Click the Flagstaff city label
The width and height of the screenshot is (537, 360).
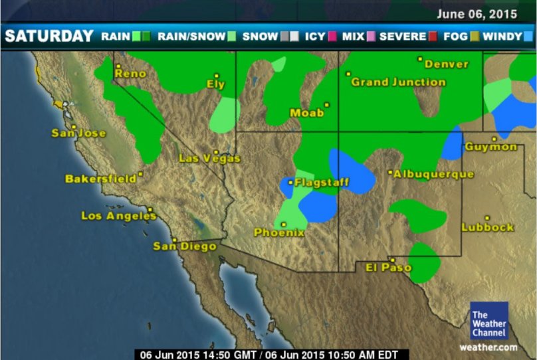(x=318, y=182)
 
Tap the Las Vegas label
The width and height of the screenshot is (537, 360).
(x=210, y=158)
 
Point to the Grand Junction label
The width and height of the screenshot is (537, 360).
(x=398, y=82)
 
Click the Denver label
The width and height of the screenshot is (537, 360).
(x=446, y=64)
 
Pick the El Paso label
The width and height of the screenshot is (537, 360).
(x=389, y=267)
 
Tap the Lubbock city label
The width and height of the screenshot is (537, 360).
(x=488, y=227)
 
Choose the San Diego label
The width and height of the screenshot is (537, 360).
(x=185, y=246)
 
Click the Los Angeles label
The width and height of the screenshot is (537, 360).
(x=118, y=216)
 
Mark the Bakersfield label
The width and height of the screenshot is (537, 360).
(x=100, y=179)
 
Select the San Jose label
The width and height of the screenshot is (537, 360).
(x=78, y=133)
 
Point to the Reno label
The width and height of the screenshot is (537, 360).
(x=130, y=74)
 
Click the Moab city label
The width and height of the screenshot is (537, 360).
(x=307, y=113)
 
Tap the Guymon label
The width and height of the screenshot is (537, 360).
(x=490, y=147)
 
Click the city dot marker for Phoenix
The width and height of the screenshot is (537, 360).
(x=284, y=225)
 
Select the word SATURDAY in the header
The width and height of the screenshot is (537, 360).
(x=49, y=36)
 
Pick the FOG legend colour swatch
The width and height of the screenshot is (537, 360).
(x=475, y=37)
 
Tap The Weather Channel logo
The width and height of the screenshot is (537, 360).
(x=489, y=321)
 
